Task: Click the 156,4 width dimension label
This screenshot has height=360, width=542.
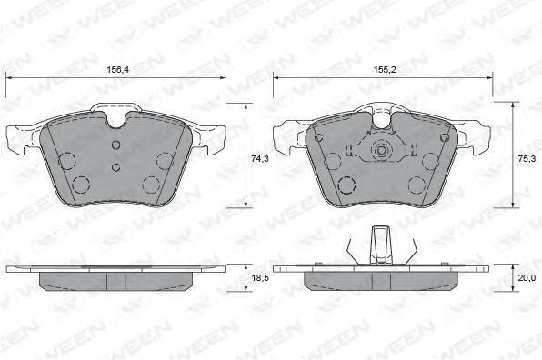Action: click(117, 69)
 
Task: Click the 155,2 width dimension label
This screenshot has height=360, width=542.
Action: click(385, 69)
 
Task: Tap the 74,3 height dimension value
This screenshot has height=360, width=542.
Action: click(260, 159)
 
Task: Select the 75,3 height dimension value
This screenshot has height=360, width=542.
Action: click(527, 159)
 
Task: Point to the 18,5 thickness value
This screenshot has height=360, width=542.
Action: click(260, 277)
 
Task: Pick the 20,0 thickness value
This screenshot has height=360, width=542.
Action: click(527, 277)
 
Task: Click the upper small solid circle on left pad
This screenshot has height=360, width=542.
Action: click(116, 145)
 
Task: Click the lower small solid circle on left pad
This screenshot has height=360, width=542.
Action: click(116, 167)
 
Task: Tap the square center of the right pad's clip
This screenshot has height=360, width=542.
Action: click(382, 151)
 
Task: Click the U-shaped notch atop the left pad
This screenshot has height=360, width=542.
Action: click(116, 121)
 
